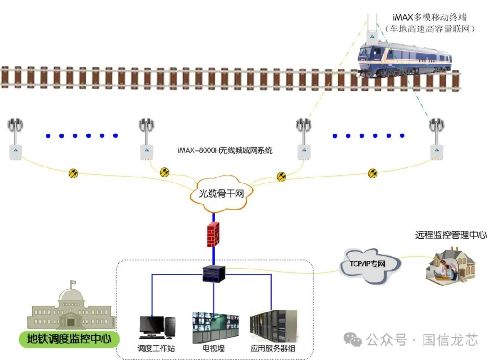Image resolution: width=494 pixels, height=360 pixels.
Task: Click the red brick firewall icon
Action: click(213, 235)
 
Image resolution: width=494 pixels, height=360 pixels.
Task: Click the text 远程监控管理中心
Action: click(451, 235)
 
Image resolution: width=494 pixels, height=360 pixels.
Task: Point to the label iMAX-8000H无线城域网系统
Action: click(225, 150)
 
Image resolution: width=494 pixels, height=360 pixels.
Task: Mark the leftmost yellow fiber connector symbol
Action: click(73, 173)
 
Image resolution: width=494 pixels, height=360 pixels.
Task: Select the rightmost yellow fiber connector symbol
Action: click(373, 173)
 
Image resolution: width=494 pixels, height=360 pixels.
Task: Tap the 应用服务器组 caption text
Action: click(273, 349)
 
